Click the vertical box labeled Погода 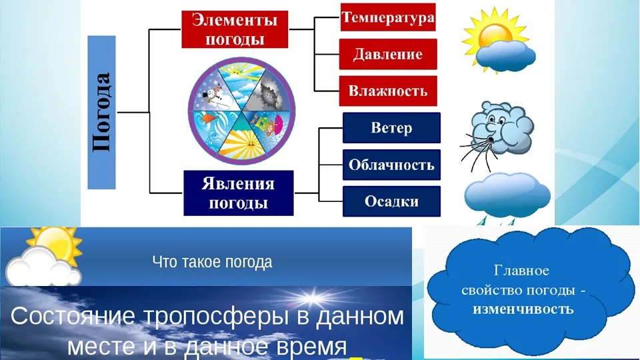click(101, 112)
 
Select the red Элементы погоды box click(235, 29)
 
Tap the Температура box click(388, 17)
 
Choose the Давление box click(388, 54)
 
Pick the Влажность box click(388, 91)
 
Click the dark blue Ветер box click(391, 128)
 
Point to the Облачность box click(391, 165)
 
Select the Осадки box click(391, 201)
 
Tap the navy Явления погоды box click(239, 193)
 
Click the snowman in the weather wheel click(213, 94)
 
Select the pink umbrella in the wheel click(279, 121)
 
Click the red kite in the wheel click(209, 119)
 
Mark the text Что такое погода click(212, 262)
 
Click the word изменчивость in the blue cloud click(523, 309)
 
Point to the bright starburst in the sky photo click(312, 298)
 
